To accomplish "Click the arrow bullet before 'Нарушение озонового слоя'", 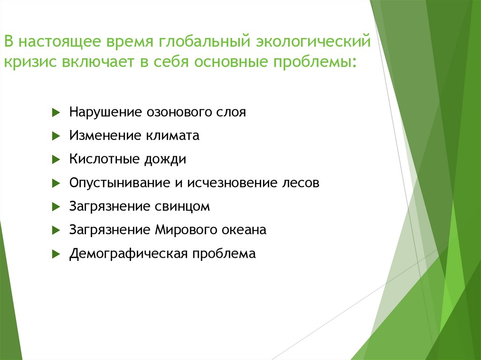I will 55,113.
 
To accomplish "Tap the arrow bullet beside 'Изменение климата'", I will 55,136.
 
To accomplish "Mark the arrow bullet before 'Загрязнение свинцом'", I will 55,207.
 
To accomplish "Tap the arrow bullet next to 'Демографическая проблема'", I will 55,254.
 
